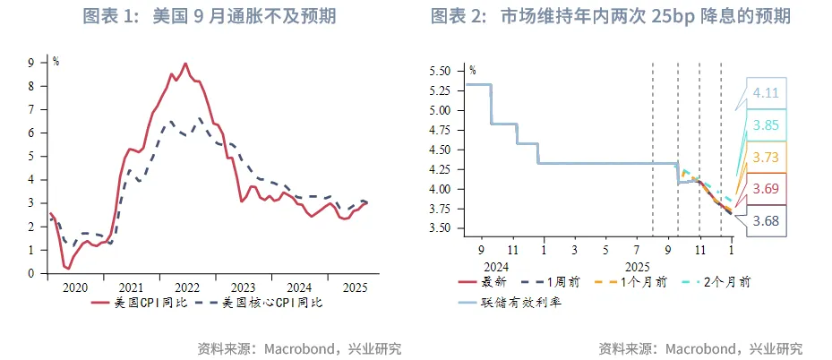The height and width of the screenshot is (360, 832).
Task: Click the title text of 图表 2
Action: point(610,16)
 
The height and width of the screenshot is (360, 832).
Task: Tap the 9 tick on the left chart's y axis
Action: point(30,63)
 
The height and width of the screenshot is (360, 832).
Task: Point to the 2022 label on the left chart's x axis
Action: point(187,287)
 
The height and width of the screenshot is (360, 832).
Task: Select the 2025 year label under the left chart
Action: point(355,287)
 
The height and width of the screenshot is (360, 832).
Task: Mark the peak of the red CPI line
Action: point(185,64)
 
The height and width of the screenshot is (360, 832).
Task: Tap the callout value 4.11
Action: point(766,92)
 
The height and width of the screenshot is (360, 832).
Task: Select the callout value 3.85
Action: point(766,125)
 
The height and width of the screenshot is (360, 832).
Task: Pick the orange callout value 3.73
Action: point(766,157)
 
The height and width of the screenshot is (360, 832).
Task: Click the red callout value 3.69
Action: point(766,188)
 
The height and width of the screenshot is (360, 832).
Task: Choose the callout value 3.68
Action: point(766,220)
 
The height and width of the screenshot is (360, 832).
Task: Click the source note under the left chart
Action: point(299,347)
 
